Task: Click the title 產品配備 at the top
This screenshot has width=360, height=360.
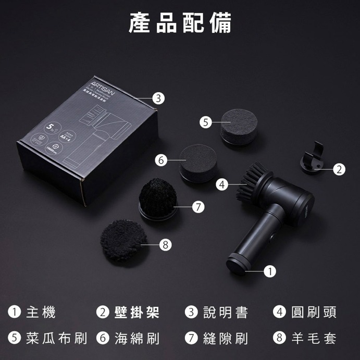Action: click(180, 23)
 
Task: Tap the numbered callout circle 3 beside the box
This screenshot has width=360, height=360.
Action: click(159, 97)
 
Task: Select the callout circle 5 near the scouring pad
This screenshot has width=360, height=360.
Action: click(206, 122)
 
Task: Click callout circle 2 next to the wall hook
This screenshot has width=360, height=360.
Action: click(339, 169)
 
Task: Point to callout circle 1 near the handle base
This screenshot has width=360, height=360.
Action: click(270, 271)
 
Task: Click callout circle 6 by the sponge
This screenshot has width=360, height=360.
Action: click(162, 160)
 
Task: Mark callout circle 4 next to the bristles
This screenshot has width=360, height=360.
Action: click(222, 184)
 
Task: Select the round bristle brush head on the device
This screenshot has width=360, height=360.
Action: click(252, 183)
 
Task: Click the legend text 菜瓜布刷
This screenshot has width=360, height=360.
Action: click(56, 338)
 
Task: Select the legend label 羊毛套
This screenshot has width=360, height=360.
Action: click(314, 338)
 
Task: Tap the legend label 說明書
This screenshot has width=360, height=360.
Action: click(226, 313)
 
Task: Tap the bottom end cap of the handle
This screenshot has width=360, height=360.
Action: click(238, 264)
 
